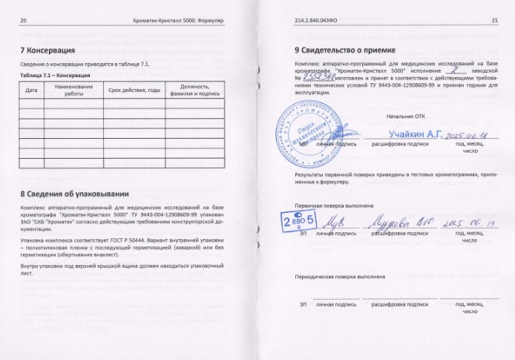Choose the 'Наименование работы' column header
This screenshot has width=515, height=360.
tap(73, 90)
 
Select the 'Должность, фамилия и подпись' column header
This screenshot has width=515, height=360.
tap(194, 90)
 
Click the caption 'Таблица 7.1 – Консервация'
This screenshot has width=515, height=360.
tap(56, 76)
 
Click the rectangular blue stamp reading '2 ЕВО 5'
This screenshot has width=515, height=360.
tap(295, 220)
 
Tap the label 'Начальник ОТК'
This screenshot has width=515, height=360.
tap(406, 117)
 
